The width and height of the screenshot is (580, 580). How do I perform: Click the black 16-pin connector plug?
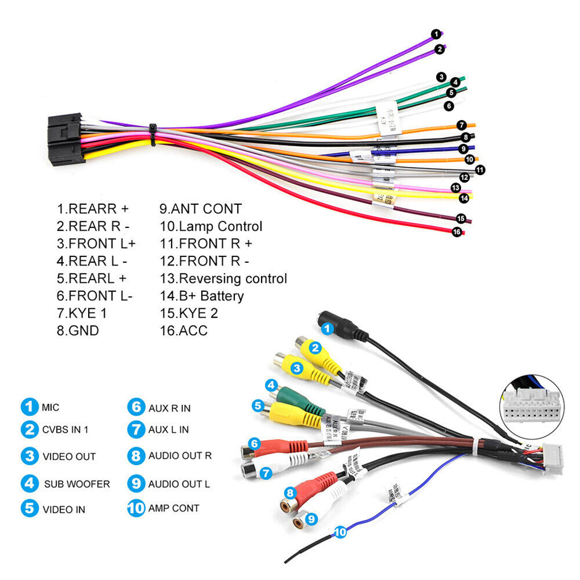pyautogui.click(x=66, y=139)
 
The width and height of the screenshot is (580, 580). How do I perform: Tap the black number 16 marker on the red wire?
pyautogui.click(x=456, y=231)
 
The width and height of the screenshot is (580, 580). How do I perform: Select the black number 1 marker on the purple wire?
pyautogui.click(x=436, y=34)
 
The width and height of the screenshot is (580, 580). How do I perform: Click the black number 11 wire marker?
pyautogui.click(x=480, y=169)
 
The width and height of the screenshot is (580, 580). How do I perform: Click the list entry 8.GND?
pyautogui.click(x=78, y=330)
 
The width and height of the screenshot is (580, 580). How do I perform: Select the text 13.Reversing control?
pyautogui.click(x=223, y=279)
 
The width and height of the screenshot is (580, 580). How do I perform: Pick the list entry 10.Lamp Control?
pyautogui.click(x=211, y=226)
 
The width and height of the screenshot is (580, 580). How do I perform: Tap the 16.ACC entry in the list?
pyautogui.click(x=184, y=330)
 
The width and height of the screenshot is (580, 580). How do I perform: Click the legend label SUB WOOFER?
pyautogui.click(x=77, y=484)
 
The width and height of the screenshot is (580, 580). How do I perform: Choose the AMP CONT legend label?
pyautogui.click(x=173, y=508)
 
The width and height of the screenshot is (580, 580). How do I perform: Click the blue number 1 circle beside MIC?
pyautogui.click(x=29, y=407)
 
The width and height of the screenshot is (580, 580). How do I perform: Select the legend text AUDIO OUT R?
pyautogui.click(x=180, y=455)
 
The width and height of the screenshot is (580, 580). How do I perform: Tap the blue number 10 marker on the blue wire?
pyautogui.click(x=340, y=532)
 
